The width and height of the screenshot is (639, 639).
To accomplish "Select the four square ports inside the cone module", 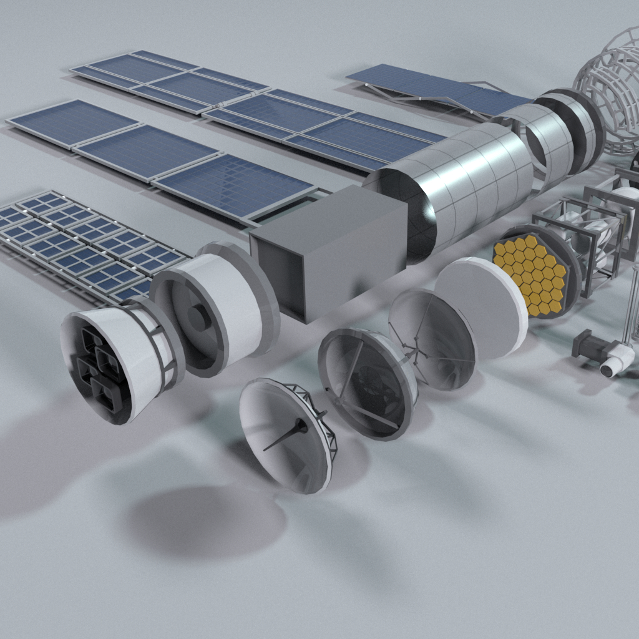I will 100,368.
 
